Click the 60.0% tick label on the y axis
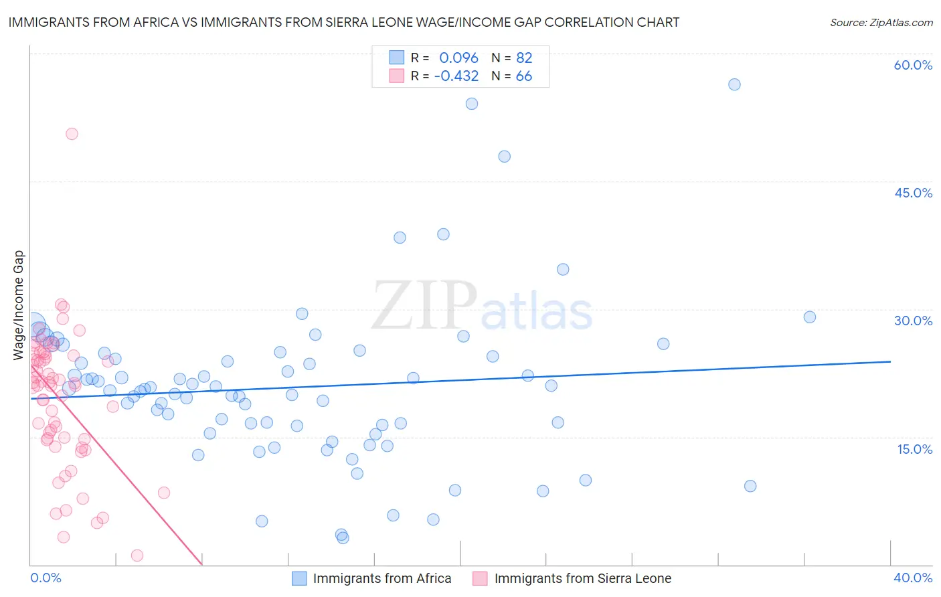(913, 65)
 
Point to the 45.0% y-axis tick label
(913, 193)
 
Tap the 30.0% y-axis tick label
(913, 321)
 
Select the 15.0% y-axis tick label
(914, 449)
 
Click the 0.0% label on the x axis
(46, 578)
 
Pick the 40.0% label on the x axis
(913, 578)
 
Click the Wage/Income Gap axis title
(19, 305)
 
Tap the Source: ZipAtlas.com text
(881, 23)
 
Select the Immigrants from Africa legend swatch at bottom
(299, 578)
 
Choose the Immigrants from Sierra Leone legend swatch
(480, 578)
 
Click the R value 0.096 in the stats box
(458, 58)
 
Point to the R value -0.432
(456, 76)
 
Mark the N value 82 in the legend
(524, 58)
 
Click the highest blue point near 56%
(734, 84)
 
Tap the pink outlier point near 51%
(72, 134)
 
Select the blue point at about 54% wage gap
(472, 104)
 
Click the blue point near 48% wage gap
(505, 157)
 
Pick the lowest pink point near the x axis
(137, 556)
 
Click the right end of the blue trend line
(890, 361)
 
